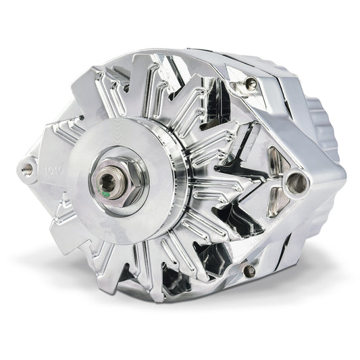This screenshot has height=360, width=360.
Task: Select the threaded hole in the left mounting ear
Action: click(28, 166)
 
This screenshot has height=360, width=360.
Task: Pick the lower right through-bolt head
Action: click(249, 271)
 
